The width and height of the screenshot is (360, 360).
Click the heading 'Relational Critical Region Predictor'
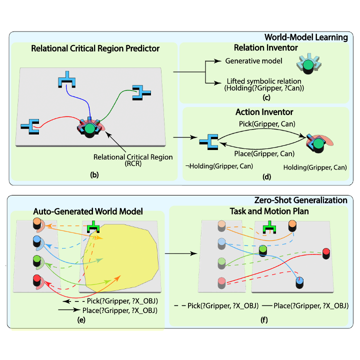click(x=95, y=48)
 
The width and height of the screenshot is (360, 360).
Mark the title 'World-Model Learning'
click(x=306, y=37)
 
